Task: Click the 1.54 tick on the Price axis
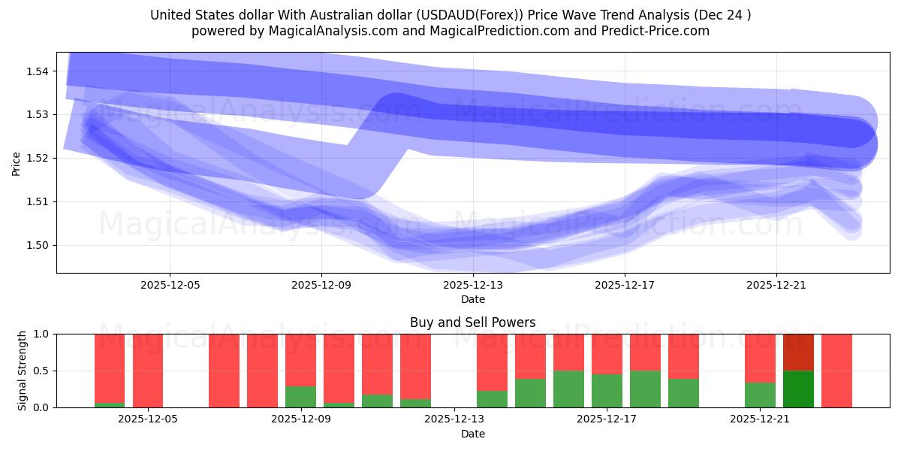[x=38, y=71]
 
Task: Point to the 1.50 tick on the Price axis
[x=38, y=245]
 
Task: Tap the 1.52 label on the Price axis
[x=38, y=158]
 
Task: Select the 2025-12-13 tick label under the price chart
[x=473, y=285]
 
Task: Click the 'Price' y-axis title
[x=17, y=163]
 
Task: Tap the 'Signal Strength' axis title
[x=23, y=371]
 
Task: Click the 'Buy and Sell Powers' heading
[x=472, y=322]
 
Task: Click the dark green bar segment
[x=798, y=389]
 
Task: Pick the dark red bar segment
[x=798, y=352]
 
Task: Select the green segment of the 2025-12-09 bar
[x=300, y=397]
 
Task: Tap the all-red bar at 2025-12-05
[x=148, y=371]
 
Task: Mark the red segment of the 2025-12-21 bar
[x=760, y=358]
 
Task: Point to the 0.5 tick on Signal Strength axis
[x=44, y=371]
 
